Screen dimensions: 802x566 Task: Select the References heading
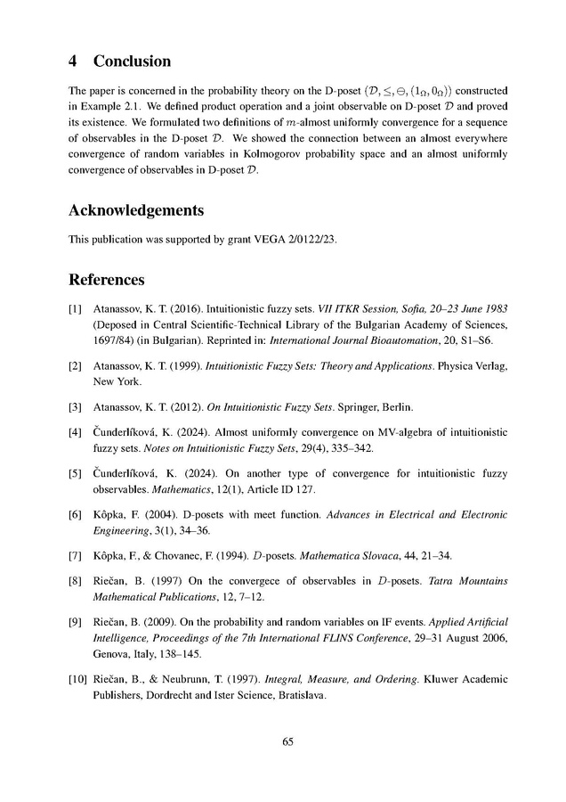pos(107,281)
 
